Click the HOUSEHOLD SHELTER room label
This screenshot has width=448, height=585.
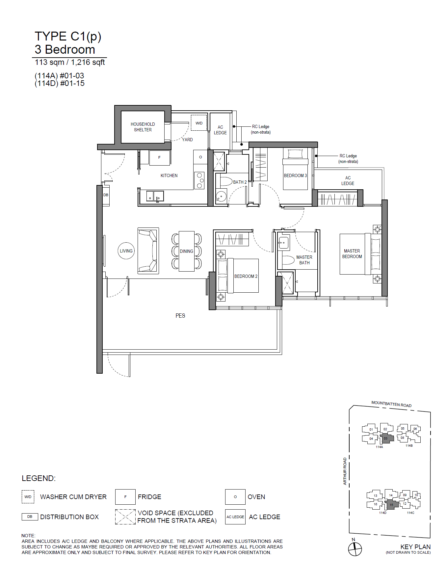click(143, 127)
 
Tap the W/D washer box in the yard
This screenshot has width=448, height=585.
click(199, 123)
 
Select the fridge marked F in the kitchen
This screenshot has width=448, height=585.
click(160, 158)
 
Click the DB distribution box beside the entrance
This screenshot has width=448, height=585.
click(106, 195)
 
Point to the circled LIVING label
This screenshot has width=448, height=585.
click(126, 251)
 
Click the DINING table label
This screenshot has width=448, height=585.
click(186, 251)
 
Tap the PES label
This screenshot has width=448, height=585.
click(180, 316)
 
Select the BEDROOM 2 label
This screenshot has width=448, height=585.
click(246, 276)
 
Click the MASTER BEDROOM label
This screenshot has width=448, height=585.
click(352, 253)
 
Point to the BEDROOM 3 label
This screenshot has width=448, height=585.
click(295, 175)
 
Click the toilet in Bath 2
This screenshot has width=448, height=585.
click(226, 181)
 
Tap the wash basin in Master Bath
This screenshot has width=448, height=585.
click(283, 243)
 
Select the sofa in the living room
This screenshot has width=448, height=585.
click(148, 251)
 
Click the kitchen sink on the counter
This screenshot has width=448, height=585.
click(155, 196)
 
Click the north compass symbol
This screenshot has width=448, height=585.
click(355, 549)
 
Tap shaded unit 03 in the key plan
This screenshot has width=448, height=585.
click(387, 438)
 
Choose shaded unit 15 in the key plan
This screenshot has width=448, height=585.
click(392, 505)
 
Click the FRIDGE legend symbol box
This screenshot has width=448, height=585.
click(125, 497)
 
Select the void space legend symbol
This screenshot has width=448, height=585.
click(125, 517)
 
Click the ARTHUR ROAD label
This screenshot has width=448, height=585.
click(345, 471)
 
